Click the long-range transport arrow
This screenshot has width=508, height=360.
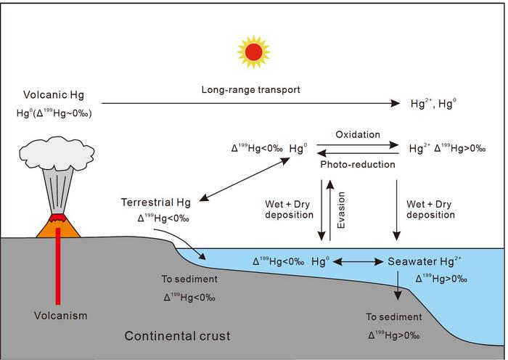click(x=250, y=104)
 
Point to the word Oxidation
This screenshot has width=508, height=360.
click(x=357, y=135)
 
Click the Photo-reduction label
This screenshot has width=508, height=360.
click(x=358, y=165)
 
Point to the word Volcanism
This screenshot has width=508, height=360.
click(x=60, y=316)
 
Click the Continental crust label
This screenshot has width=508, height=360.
click(x=178, y=336)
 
